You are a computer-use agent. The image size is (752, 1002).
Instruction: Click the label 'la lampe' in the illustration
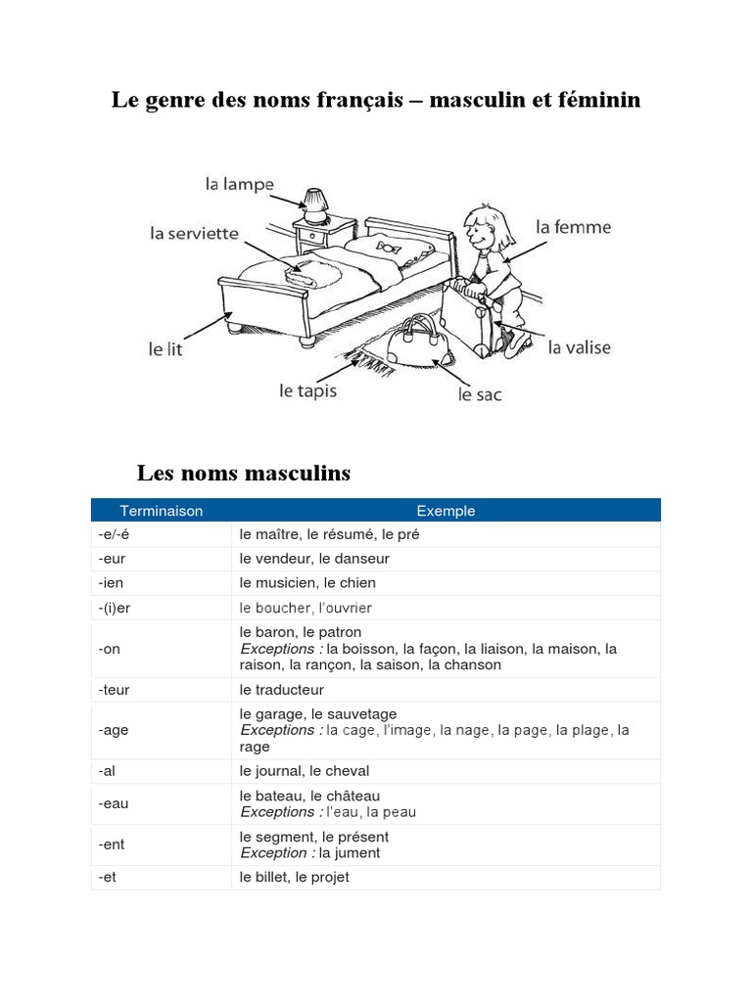(x=239, y=184)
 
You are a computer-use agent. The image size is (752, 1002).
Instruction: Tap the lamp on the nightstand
(x=314, y=203)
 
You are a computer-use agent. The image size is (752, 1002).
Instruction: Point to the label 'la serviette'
(x=194, y=234)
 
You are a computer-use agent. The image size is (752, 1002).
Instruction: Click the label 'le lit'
(x=165, y=348)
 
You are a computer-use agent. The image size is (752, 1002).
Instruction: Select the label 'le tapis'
(x=307, y=390)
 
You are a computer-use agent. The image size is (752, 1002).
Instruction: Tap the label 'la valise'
(x=579, y=347)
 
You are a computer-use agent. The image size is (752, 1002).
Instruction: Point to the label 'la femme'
(x=573, y=227)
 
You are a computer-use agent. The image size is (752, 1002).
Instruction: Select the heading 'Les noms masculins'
(x=244, y=474)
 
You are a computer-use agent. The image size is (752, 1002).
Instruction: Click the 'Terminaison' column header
(x=162, y=511)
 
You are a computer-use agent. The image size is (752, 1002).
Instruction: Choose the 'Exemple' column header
(x=446, y=511)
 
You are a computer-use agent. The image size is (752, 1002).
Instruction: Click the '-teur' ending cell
(x=114, y=690)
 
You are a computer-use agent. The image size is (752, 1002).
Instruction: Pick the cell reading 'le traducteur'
(x=282, y=690)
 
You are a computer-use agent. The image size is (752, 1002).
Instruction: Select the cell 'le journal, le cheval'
(x=305, y=771)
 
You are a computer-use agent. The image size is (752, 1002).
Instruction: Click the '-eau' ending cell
(x=113, y=803)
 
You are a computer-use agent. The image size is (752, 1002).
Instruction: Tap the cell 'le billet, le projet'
(x=294, y=878)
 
